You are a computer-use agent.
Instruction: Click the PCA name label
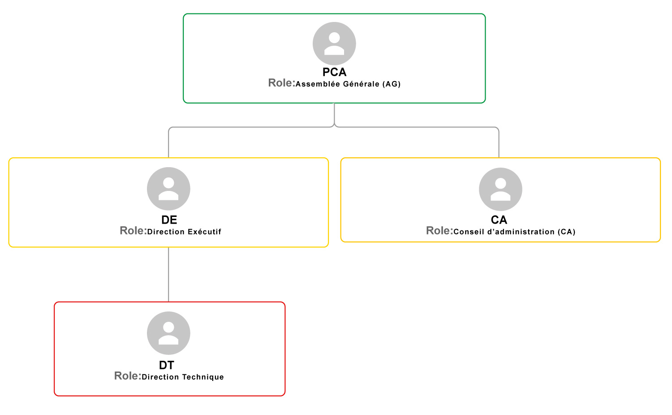click(334, 72)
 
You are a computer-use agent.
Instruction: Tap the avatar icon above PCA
click(334, 43)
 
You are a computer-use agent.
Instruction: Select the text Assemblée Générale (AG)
click(348, 84)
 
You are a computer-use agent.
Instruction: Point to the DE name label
click(169, 220)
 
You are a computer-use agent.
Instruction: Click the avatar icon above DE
click(168, 189)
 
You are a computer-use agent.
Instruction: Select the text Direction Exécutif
click(184, 232)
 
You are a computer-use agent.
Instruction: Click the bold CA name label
click(499, 220)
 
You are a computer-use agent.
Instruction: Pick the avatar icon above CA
click(500, 189)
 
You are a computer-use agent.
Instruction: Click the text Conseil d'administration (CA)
click(514, 232)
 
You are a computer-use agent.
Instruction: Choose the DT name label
click(167, 365)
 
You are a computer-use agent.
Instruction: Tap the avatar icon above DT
click(168, 333)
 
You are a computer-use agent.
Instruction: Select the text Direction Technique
click(183, 377)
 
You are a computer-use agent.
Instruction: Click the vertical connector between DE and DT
click(168, 275)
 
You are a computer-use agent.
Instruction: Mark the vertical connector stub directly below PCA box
click(334, 113)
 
